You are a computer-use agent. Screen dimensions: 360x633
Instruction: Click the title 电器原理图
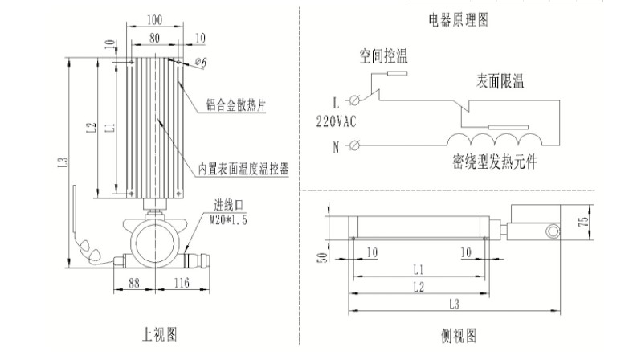pyautogui.click(x=459, y=17)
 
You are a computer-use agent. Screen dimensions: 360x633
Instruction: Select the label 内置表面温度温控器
pyautogui.click(x=243, y=169)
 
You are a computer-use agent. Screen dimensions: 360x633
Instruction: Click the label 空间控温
pyautogui.click(x=383, y=56)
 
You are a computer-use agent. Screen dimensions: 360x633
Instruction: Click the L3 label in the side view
pyautogui.click(x=453, y=305)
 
